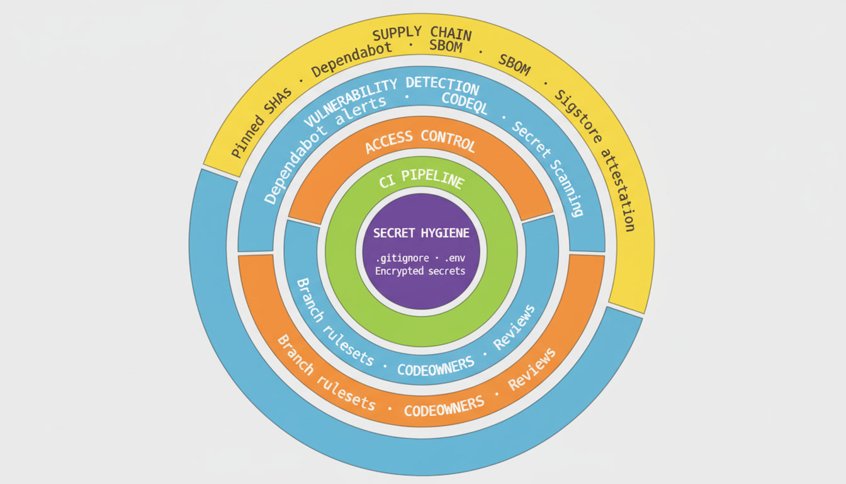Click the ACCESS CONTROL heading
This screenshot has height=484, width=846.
coord(420,140)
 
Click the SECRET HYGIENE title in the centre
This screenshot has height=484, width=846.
coord(421,233)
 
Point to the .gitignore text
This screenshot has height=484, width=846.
coord(402,258)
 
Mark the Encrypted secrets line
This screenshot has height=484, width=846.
coord(420,271)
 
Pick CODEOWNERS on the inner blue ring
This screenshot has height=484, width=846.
coord(435,367)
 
